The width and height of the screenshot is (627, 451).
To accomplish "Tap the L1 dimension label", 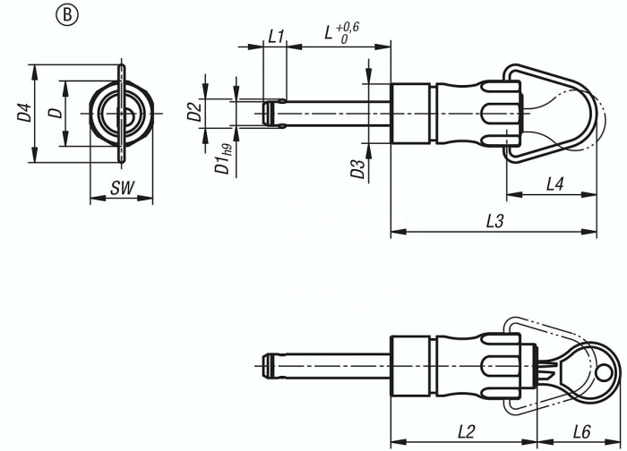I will pos(276,37).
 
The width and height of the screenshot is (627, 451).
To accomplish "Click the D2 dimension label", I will pos(192,112).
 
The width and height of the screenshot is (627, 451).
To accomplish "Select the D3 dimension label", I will pos(357,169).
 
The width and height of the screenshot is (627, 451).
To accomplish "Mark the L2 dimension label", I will pos(466,430).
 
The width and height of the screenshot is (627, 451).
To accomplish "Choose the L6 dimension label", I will pos(582,430).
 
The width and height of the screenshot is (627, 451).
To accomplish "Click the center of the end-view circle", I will pos(120,114).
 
